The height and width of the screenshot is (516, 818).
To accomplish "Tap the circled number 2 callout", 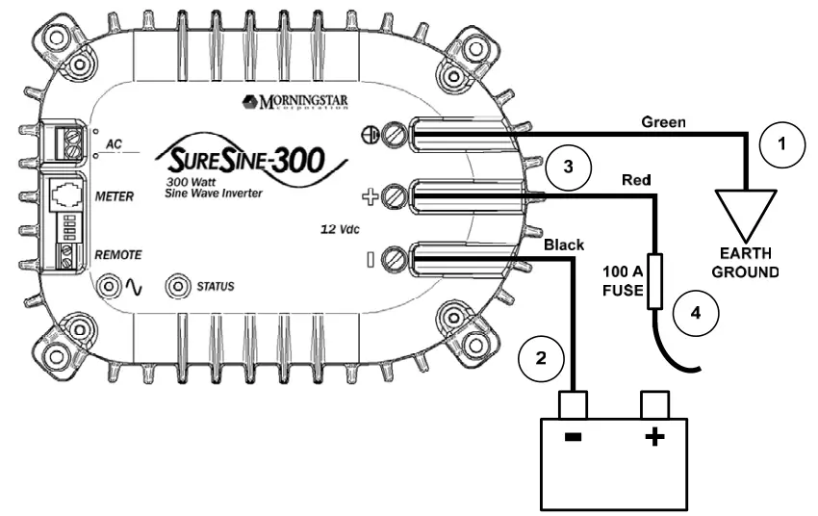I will click(x=542, y=358).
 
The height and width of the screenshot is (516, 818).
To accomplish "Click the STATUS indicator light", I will click(x=178, y=286).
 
